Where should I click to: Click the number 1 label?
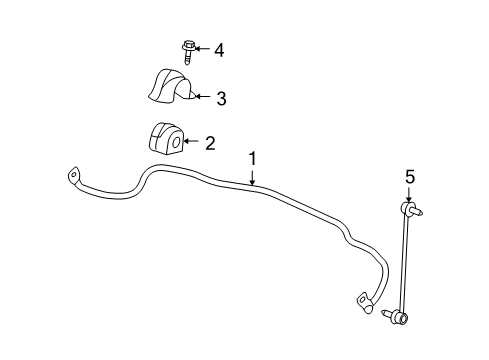pos(253,158)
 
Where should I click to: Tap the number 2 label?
pos(209,143)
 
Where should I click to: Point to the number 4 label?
pos(219,49)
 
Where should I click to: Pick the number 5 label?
pos(408,178)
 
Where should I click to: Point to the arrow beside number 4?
pos(201,49)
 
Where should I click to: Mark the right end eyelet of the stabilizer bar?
pos(362,299)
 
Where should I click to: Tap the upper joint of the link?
pos(408,209)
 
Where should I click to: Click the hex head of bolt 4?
pos(188,46)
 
